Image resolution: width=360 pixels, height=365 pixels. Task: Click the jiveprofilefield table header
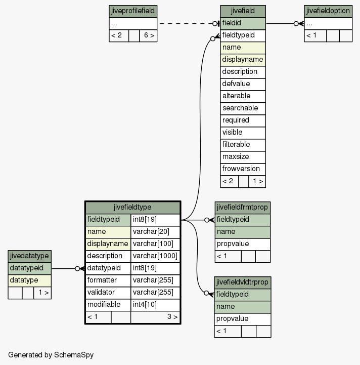coord(133,11)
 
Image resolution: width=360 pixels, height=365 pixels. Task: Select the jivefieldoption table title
coord(328,11)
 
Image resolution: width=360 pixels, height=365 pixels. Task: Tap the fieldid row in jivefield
coord(243,23)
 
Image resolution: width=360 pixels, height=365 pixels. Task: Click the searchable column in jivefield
coord(243,108)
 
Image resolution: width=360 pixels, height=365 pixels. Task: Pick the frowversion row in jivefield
coord(243,169)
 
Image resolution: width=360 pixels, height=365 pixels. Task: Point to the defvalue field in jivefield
coord(243,84)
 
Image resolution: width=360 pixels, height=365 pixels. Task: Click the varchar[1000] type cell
coord(155,256)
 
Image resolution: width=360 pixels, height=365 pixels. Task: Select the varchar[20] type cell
coord(155,232)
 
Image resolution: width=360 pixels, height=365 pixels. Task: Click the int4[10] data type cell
coord(155,305)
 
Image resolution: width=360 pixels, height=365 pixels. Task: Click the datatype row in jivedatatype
coord(29,280)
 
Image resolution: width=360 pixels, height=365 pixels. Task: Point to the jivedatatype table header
coord(29,256)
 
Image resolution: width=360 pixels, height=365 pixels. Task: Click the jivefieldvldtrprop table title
coord(243,282)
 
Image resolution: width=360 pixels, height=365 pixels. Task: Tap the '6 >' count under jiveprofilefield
coord(148,35)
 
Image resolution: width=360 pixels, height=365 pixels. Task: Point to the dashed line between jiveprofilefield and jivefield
coord(186,23)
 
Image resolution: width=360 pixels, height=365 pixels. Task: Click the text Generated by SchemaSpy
coord(51,355)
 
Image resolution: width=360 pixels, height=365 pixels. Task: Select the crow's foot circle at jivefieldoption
coord(296,23)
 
